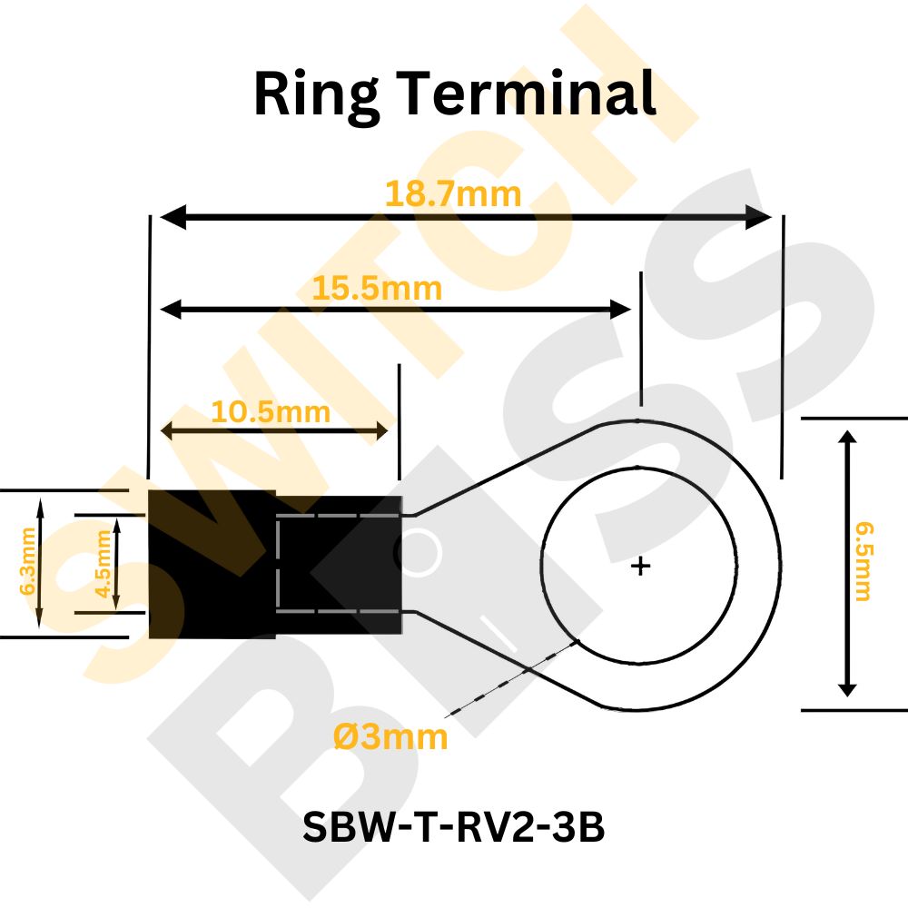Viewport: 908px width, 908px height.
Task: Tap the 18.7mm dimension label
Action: pos(453,193)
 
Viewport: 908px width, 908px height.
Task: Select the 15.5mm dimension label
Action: pos(377,288)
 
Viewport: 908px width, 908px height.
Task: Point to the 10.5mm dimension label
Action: pos(271,411)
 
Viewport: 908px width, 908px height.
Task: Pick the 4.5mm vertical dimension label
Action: pos(104,564)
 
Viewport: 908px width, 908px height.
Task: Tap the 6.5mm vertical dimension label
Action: pos(864,562)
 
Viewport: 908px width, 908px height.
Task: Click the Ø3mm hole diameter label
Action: pos(390,737)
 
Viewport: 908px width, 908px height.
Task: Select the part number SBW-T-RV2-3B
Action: pos(453,826)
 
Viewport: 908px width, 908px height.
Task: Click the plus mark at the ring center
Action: pos(640,566)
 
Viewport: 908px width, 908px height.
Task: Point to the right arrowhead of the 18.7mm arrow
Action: pos(758,217)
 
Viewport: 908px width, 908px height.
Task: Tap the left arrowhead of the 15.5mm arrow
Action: pos(171,310)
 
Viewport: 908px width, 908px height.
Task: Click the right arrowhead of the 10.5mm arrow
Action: pos(380,430)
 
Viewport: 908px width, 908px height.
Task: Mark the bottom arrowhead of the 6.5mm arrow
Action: pos(847,689)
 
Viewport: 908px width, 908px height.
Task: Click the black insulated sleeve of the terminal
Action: pos(275,565)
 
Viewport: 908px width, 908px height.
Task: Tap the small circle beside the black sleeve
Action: pos(418,552)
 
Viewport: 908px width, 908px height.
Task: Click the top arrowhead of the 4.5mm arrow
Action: pos(116,524)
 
